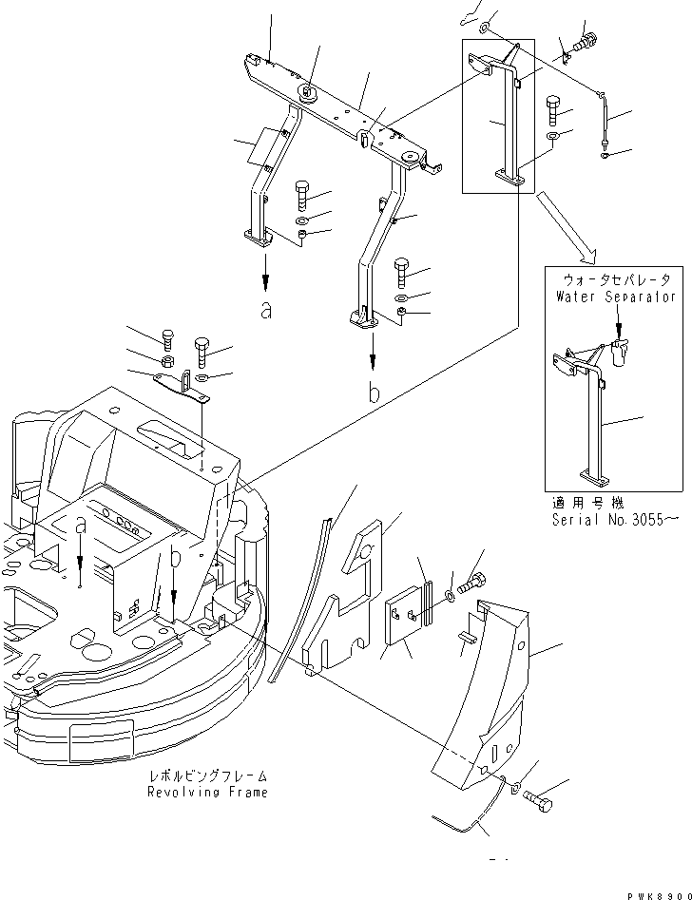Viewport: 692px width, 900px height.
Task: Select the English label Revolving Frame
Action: [207, 792]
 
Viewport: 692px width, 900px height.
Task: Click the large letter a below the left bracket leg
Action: [265, 310]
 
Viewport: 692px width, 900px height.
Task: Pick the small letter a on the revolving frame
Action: [81, 526]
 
